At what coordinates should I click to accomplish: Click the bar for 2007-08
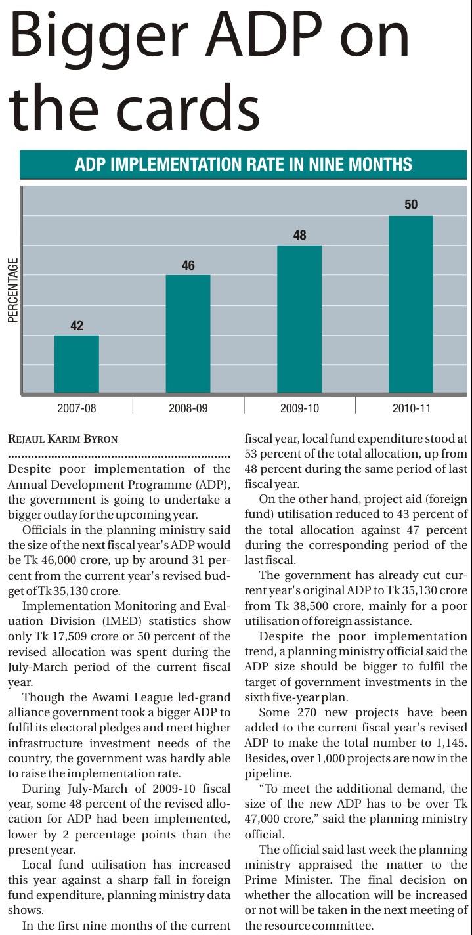(76, 364)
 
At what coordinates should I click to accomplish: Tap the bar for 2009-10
(299, 319)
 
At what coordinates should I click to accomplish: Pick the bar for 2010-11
(411, 304)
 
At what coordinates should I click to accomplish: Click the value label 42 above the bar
(77, 326)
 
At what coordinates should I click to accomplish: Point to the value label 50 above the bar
(411, 205)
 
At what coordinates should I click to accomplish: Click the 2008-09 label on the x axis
(188, 408)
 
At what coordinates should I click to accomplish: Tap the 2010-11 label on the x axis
(411, 408)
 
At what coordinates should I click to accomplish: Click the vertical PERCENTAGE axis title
(13, 290)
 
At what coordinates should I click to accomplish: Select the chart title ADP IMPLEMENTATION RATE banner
(244, 164)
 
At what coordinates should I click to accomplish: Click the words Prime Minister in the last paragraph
(290, 880)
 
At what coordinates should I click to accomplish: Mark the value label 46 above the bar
(188, 265)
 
